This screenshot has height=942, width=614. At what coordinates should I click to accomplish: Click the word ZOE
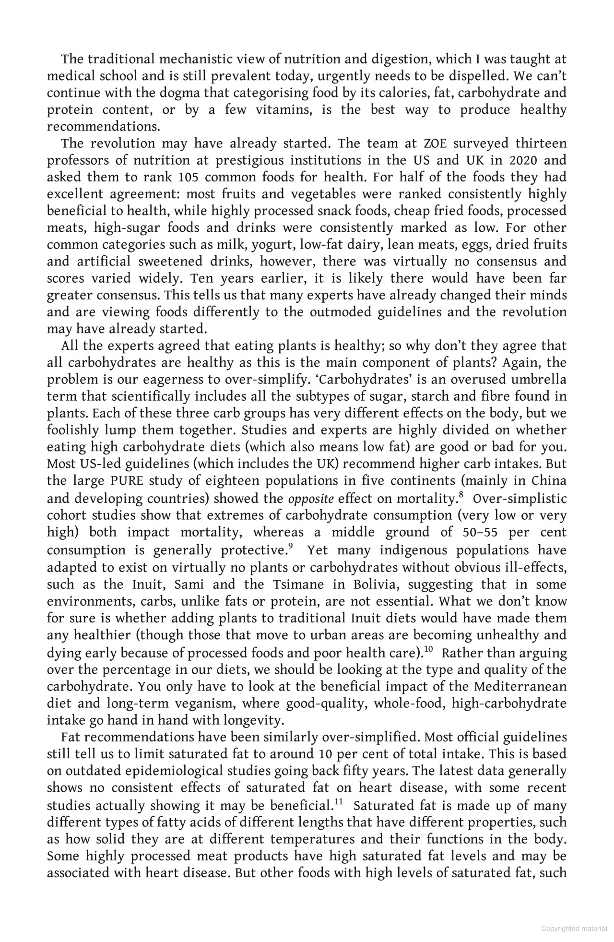[436, 143]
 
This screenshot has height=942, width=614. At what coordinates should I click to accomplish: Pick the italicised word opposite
[310, 499]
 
